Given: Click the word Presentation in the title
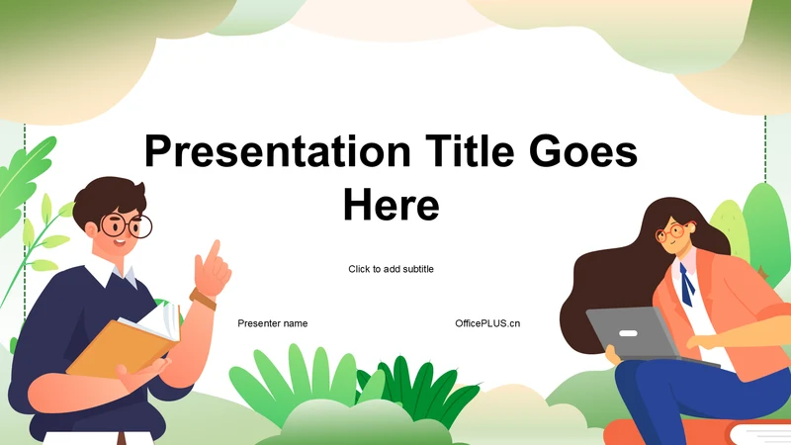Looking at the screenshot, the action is click(x=278, y=151).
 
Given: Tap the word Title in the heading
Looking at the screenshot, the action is click(x=470, y=150).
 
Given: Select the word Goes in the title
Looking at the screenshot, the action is click(x=583, y=151).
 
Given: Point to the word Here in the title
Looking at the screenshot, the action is click(x=391, y=205).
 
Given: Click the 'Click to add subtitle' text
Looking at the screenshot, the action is click(x=391, y=269).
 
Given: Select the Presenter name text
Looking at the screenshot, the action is click(x=273, y=323).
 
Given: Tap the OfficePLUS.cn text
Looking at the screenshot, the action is click(x=487, y=323).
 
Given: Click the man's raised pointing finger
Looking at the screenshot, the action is click(x=215, y=251).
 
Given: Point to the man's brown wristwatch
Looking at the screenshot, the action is click(x=203, y=299).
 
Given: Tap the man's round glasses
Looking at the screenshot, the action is click(x=127, y=225).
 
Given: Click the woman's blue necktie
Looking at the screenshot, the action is click(x=686, y=285).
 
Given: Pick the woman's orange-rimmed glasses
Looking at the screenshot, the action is click(x=673, y=232).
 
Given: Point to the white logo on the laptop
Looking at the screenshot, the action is click(x=628, y=333).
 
